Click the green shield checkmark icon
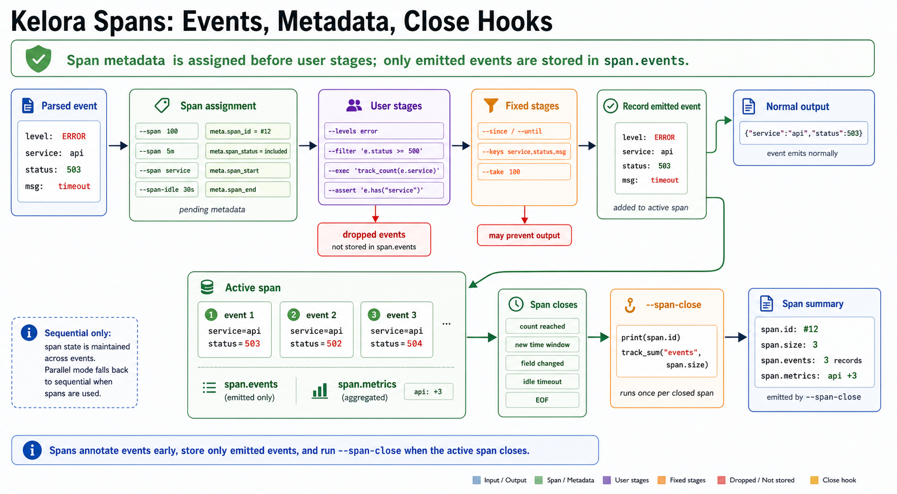pyautogui.click(x=38, y=58)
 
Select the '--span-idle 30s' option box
pyautogui.click(x=167, y=189)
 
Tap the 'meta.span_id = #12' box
pyautogui.click(x=248, y=131)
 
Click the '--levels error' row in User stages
pyautogui.click(x=384, y=131)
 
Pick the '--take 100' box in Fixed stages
pyautogui.click(x=524, y=172)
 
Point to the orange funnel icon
pyautogui.click(x=490, y=105)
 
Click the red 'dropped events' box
pyautogui.click(x=374, y=239)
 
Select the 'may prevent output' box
pyautogui.click(x=524, y=236)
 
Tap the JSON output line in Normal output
pyautogui.click(x=803, y=133)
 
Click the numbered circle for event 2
pyautogui.click(x=294, y=315)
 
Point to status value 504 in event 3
pyautogui.click(x=415, y=343)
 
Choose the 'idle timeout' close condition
pyautogui.click(x=542, y=382)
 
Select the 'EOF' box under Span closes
pyautogui.click(x=542, y=400)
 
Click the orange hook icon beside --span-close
pyautogui.click(x=630, y=305)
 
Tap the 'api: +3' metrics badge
pyautogui.click(x=428, y=392)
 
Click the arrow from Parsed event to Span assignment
pyautogui.click(x=118, y=146)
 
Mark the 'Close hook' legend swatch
pyautogui.click(x=814, y=480)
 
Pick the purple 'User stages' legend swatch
pyautogui.click(x=607, y=480)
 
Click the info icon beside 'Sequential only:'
pyautogui.click(x=29, y=333)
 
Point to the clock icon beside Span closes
pyautogui.click(x=516, y=304)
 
